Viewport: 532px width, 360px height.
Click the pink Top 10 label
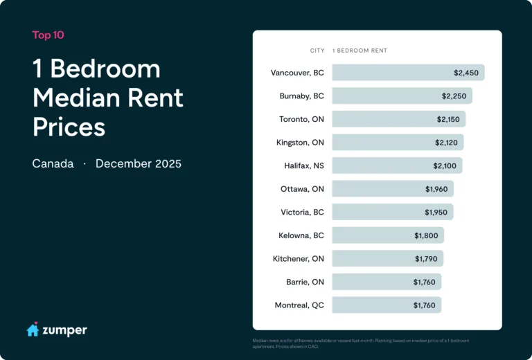[48, 35]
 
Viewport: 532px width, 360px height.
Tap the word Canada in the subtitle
[53, 164]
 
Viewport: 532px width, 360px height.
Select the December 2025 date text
[139, 164]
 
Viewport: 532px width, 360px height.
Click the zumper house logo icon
[33, 330]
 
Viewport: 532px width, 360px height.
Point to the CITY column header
[317, 51]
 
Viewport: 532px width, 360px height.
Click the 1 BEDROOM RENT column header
[360, 51]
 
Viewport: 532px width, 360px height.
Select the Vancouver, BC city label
[297, 73]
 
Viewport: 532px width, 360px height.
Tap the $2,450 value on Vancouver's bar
[465, 73]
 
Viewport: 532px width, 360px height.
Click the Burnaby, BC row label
[300, 96]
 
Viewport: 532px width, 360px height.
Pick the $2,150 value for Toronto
[448, 119]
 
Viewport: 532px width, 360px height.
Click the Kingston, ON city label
[300, 143]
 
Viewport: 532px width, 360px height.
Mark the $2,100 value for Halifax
[445, 165]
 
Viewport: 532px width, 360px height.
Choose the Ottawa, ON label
[302, 189]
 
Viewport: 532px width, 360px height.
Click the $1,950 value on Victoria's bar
[436, 213]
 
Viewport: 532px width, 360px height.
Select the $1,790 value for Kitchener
[426, 259]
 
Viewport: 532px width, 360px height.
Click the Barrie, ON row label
[305, 282]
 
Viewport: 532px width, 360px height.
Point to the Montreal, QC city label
[299, 305]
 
